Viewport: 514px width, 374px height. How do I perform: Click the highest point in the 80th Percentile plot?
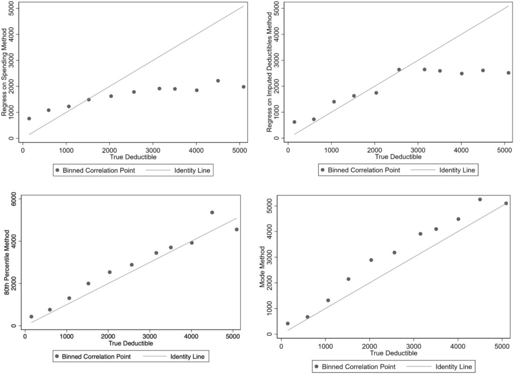click(x=212, y=213)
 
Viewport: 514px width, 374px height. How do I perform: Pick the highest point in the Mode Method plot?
click(x=480, y=200)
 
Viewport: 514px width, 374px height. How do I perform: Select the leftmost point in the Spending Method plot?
click(x=29, y=119)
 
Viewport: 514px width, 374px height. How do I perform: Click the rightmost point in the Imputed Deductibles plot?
click(x=508, y=73)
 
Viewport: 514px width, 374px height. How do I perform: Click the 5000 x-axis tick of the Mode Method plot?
click(x=502, y=345)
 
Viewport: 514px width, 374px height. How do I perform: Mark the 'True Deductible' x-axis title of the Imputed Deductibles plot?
click(x=399, y=157)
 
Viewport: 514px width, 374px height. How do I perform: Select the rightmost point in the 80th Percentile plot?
click(x=236, y=230)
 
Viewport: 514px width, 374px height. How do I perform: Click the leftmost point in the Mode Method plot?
click(x=288, y=323)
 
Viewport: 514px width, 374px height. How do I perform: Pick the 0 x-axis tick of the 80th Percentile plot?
click(x=25, y=337)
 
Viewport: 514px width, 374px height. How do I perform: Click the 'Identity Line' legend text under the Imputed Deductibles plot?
click(x=457, y=170)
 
